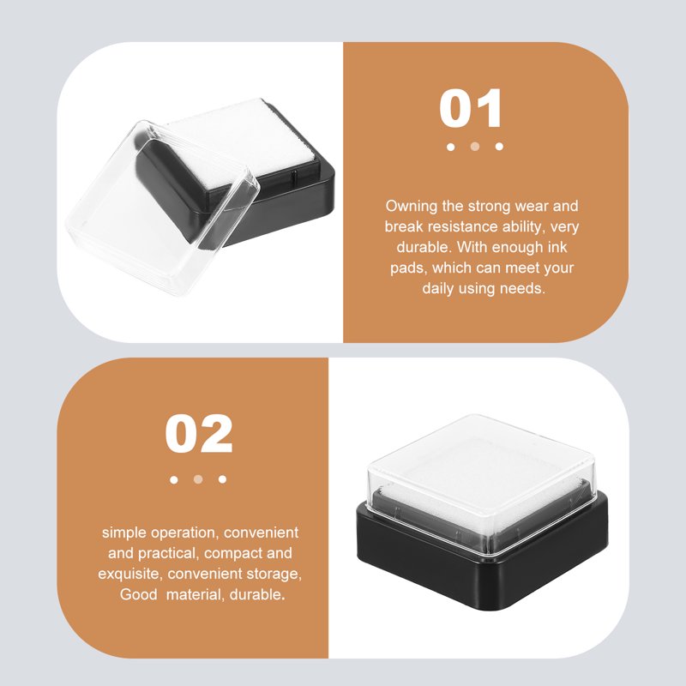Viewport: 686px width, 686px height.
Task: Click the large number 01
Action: pyautogui.click(x=470, y=108)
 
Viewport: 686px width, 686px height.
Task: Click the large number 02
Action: pyautogui.click(x=199, y=434)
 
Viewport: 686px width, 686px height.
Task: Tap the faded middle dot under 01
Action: pyautogui.click(x=475, y=147)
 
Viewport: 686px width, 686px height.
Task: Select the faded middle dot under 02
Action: pyautogui.click(x=198, y=479)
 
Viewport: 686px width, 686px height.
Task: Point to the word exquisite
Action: pyautogui.click(x=130, y=574)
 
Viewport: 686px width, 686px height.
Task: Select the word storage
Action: pyautogui.click(x=274, y=574)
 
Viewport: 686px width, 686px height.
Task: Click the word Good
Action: pyautogui.click(x=138, y=594)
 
